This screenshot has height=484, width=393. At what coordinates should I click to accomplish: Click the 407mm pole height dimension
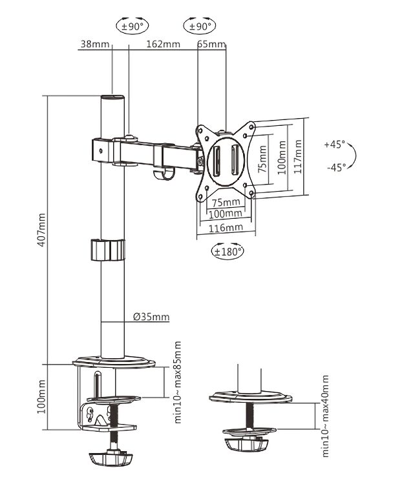(x=41, y=230)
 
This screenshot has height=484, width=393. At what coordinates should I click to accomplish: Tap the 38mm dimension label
(x=95, y=44)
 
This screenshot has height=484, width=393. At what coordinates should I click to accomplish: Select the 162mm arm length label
(x=164, y=44)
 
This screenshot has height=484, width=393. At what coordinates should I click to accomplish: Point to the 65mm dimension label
(x=211, y=44)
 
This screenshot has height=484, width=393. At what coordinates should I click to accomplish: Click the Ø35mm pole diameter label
(x=151, y=317)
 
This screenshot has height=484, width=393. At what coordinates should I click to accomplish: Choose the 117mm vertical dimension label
(x=298, y=156)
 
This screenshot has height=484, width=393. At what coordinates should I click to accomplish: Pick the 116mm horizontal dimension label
(x=226, y=228)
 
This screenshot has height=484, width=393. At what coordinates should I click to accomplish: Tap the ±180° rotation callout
(x=228, y=251)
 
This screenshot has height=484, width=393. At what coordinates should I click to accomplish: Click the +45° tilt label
(x=335, y=144)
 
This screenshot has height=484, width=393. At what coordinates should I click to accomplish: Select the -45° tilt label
(x=336, y=168)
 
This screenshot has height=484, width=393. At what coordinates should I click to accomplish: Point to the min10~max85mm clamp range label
(x=178, y=382)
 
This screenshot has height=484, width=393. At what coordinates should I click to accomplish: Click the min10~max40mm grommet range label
(x=325, y=416)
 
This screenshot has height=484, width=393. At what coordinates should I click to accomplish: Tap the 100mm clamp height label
(x=41, y=397)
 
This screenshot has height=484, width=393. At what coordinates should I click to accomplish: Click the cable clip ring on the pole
(x=108, y=250)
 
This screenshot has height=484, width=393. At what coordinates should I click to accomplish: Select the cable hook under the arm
(x=164, y=174)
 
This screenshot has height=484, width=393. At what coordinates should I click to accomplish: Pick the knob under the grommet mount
(x=246, y=445)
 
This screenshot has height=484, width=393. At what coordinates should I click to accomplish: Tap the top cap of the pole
(x=112, y=97)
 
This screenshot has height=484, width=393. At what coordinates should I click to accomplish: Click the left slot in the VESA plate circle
(x=216, y=159)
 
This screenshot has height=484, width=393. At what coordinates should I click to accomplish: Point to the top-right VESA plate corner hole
(x=251, y=126)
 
